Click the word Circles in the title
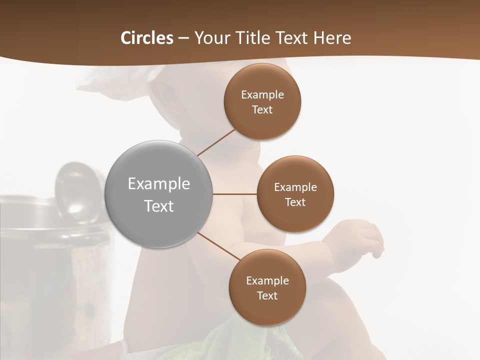(146, 38)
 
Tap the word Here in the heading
(332, 38)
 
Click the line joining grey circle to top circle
(216, 142)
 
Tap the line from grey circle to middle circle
(234, 194)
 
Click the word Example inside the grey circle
(159, 184)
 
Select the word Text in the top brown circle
(262, 110)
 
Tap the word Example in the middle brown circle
(295, 187)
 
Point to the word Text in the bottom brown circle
(267, 296)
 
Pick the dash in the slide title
(183, 38)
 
